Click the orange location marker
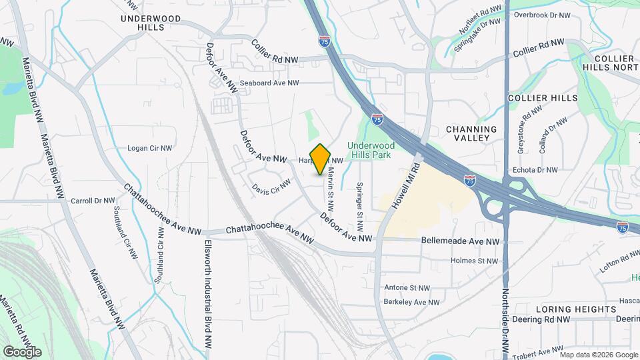[x=321, y=159]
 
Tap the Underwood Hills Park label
[x=371, y=150]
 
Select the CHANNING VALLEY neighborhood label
[x=471, y=134]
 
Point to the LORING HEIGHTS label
[x=575, y=309]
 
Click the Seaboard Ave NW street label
[x=269, y=83]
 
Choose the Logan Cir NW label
[x=150, y=148]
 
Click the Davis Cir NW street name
[x=272, y=186]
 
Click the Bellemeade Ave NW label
[x=460, y=241]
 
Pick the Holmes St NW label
[x=474, y=261]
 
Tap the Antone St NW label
[x=407, y=288]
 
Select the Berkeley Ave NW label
[x=412, y=302]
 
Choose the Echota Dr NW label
[x=537, y=170]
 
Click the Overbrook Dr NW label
[x=542, y=15]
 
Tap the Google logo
[x=22, y=351]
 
